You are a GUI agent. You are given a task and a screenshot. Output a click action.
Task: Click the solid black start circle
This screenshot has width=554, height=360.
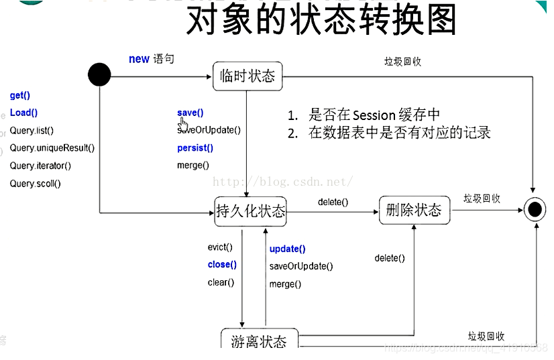tap(99, 74)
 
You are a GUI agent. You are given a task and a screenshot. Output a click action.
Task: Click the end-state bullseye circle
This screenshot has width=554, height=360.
tap(535, 211)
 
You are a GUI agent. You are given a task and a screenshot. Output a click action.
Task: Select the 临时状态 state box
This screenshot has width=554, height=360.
tap(247, 76)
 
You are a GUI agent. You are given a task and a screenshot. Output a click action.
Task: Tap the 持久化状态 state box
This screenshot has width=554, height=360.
tap(250, 212)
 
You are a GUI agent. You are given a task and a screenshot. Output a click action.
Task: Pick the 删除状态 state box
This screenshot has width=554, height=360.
tap(414, 211)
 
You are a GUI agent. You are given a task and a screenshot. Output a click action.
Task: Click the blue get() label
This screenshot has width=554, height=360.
tap(20, 96)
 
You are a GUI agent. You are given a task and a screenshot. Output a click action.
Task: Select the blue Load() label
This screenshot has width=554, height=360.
tap(23, 113)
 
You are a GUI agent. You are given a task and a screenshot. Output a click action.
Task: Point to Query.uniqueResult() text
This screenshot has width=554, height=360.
tap(52, 148)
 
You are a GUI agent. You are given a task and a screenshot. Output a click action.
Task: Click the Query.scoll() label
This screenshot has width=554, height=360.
tap(35, 183)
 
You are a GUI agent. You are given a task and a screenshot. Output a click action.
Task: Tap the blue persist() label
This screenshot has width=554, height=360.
tap(195, 148)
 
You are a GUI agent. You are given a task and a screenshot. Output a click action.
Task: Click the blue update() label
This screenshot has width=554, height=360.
tap(287, 249)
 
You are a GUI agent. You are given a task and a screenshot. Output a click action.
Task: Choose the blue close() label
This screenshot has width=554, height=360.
tap(222, 265)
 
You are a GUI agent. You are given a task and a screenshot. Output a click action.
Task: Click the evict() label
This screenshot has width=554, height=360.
tap(220, 247)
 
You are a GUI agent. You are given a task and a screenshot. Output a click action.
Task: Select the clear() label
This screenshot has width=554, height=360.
tap(221, 282)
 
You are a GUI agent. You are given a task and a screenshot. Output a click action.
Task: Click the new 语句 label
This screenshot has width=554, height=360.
tap(151, 59)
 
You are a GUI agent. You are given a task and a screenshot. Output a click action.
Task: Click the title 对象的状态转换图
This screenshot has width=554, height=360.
tap(321, 21)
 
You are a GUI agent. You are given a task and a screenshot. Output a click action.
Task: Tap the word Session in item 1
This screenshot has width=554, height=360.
tap(374, 115)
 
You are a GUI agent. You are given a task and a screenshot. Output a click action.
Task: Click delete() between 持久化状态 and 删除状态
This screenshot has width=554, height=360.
tap(333, 202)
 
